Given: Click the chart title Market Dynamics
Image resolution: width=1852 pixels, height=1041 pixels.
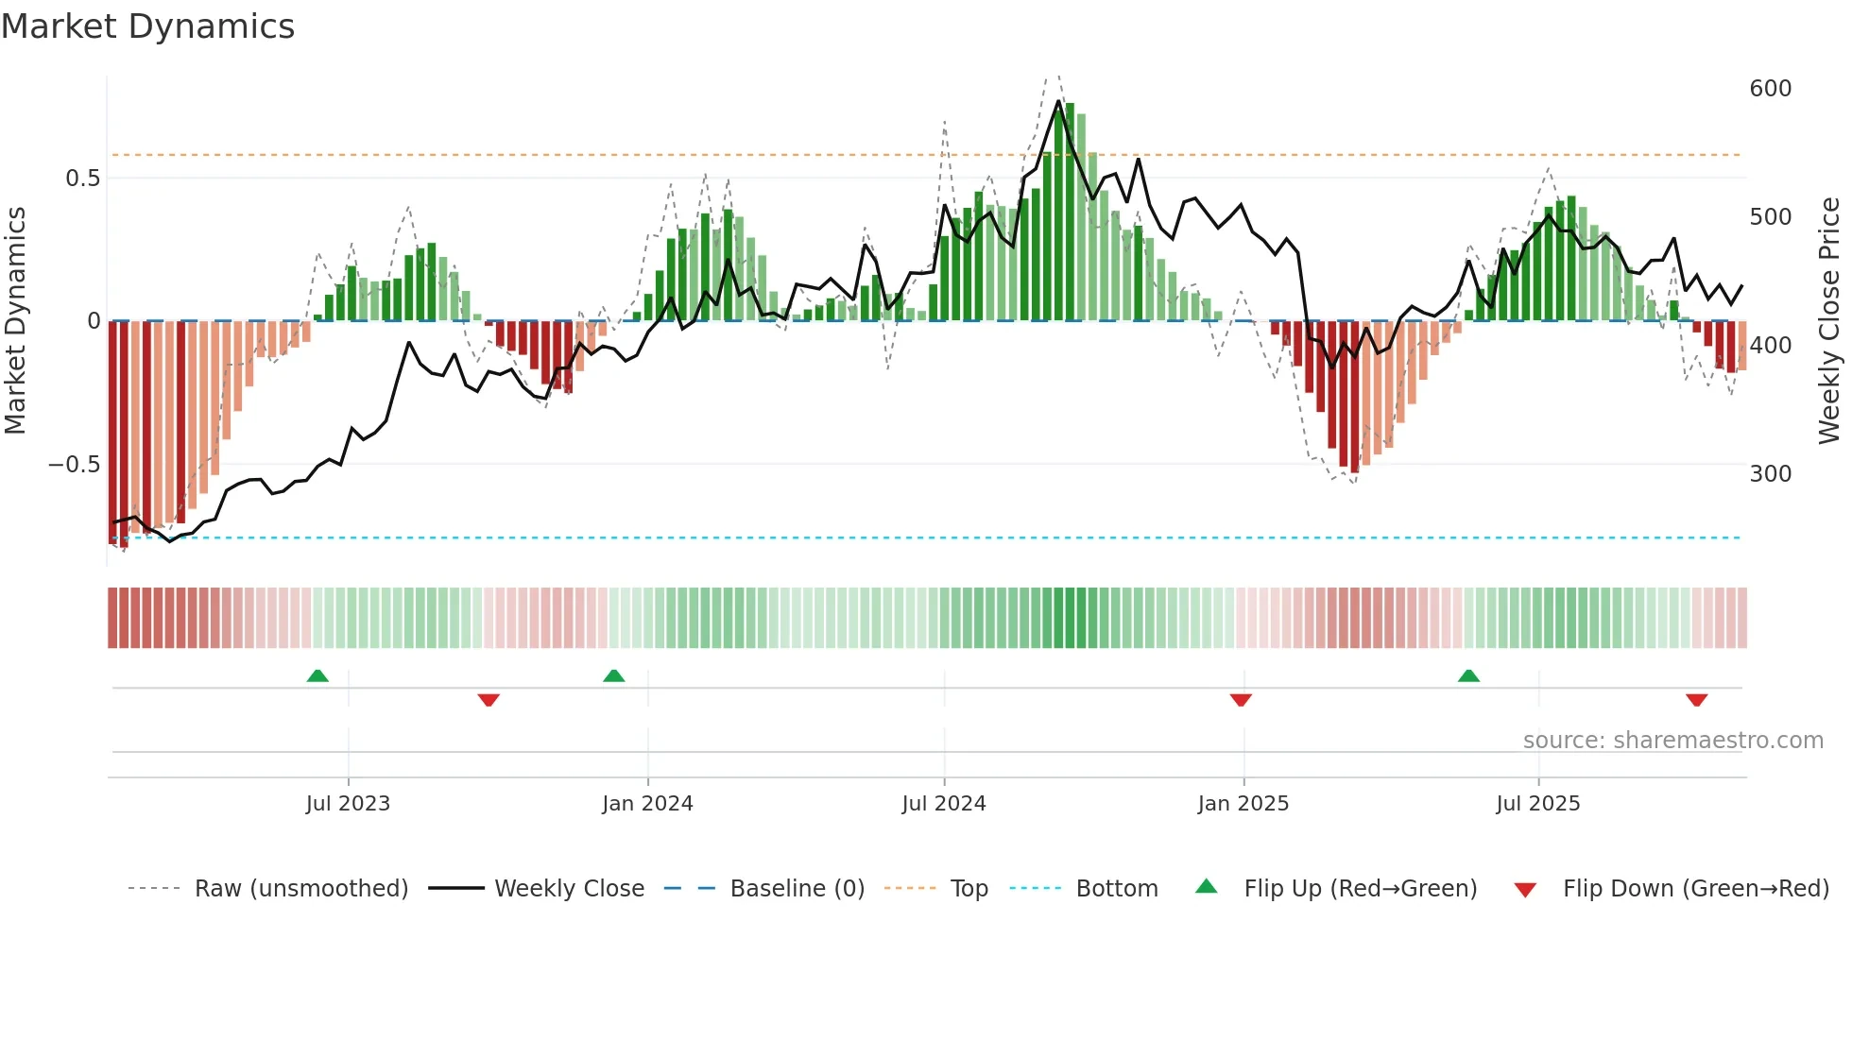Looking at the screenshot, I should pyautogui.click(x=148, y=26).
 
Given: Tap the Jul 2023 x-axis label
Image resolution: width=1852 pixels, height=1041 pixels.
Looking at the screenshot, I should pyautogui.click(x=348, y=804).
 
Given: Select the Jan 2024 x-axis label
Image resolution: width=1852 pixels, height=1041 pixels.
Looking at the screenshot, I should pyautogui.click(x=647, y=804).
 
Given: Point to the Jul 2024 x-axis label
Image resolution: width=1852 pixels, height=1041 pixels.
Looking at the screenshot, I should pyautogui.click(x=944, y=804).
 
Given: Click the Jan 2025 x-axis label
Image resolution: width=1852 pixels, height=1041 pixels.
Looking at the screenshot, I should pyautogui.click(x=1243, y=804).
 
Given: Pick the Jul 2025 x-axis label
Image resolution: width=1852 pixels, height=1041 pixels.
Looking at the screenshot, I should pyautogui.click(x=1537, y=804).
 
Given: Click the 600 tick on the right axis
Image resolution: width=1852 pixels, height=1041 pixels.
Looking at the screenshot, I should pyautogui.click(x=1770, y=89).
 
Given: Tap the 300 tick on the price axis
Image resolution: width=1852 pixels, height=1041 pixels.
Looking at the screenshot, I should pyautogui.click(x=1770, y=474).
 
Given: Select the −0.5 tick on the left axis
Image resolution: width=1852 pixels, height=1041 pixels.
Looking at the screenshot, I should pyautogui.click(x=74, y=465).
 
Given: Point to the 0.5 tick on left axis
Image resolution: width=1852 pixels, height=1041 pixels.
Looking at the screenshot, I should pyautogui.click(x=82, y=179).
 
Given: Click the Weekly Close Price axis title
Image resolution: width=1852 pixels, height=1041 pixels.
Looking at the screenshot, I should pyautogui.click(x=1829, y=321).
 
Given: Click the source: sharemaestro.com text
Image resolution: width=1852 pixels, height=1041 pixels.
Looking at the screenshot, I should pyautogui.click(x=1672, y=741).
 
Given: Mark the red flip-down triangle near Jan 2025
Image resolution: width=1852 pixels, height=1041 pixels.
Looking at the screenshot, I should pyautogui.click(x=1241, y=700).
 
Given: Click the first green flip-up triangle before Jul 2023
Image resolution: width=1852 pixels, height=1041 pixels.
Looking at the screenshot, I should pyautogui.click(x=317, y=675).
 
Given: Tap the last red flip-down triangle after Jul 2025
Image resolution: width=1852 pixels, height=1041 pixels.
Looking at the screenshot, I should pyautogui.click(x=1696, y=700).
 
